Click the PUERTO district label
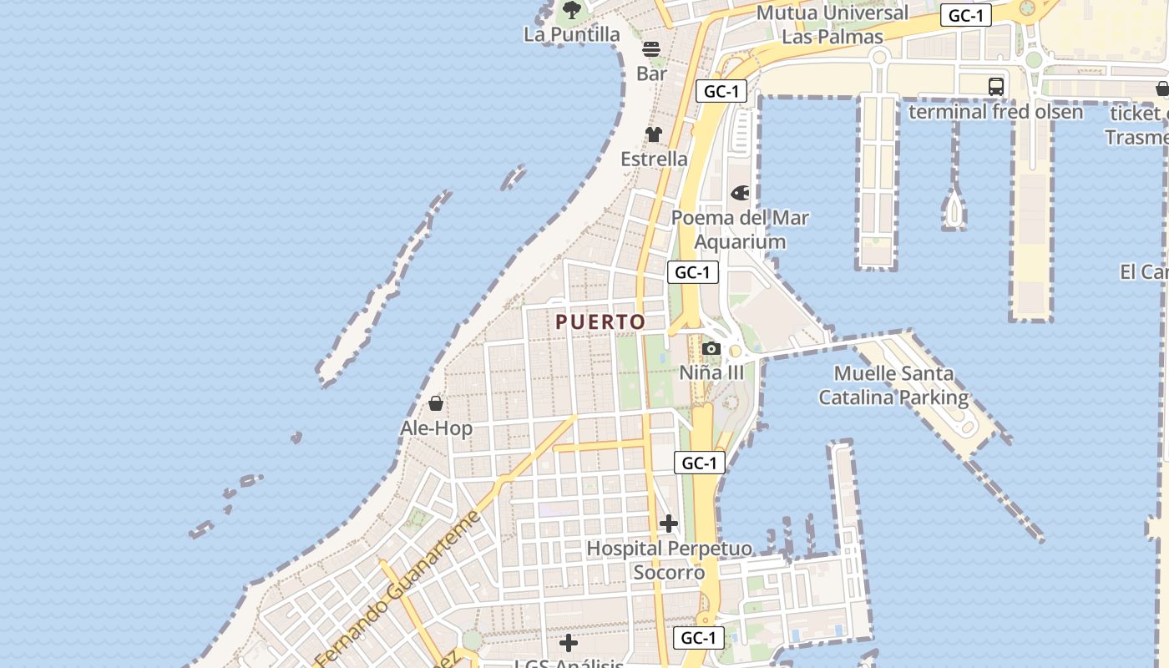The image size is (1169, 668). tap(600, 322)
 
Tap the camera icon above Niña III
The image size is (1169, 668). tap(711, 348)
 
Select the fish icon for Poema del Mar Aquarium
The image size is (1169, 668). tap(740, 194)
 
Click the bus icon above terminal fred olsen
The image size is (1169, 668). tap(995, 86)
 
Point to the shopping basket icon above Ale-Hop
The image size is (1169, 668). tap(435, 404)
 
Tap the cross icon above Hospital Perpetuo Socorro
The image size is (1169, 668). tap(668, 524)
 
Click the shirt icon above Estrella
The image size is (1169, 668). tap(653, 134)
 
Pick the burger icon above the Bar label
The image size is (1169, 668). tap(651, 49)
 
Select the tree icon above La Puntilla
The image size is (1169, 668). tap(572, 10)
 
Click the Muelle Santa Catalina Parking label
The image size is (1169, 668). tap(893, 386)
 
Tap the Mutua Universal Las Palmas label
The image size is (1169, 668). tap(832, 25)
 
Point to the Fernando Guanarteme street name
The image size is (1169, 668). tap(398, 588)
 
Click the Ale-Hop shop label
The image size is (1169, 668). tap(436, 428)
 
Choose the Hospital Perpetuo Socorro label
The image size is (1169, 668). tap(669, 560)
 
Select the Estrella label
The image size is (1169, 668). tap(654, 159)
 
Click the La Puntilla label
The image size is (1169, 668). tap(572, 34)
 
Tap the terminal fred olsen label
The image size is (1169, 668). tap(995, 112)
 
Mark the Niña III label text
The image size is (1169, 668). tap(711, 372)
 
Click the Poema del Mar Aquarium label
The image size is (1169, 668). tap(740, 230)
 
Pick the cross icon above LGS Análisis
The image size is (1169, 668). tap(569, 643)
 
